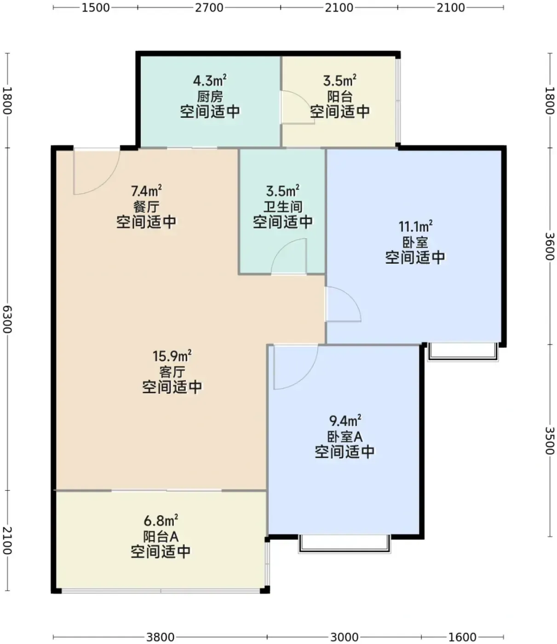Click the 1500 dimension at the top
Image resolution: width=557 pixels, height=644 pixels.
(x=96, y=7)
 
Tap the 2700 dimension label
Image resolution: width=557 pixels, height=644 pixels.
(x=209, y=7)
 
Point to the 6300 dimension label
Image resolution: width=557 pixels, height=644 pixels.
(x=7, y=319)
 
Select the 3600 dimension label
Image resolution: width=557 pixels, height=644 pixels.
(x=550, y=246)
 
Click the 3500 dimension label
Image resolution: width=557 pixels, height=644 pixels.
(x=550, y=441)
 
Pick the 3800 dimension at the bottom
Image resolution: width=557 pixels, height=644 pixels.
(x=161, y=637)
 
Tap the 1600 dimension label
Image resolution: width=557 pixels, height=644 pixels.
(x=462, y=637)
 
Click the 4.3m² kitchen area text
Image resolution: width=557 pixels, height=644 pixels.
(x=210, y=80)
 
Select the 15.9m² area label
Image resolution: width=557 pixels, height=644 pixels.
(x=172, y=356)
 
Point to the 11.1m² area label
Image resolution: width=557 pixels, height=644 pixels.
(x=416, y=226)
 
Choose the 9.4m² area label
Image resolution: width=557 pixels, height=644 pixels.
(x=345, y=421)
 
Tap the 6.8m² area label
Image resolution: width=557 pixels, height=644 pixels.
(x=161, y=520)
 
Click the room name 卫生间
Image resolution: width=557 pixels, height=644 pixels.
(x=283, y=207)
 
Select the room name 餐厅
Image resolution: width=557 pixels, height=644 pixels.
(x=146, y=207)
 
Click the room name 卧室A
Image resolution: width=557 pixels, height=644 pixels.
(x=345, y=437)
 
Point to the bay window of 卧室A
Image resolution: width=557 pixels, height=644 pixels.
(x=344, y=544)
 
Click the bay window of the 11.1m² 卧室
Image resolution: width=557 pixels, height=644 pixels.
(x=463, y=352)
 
